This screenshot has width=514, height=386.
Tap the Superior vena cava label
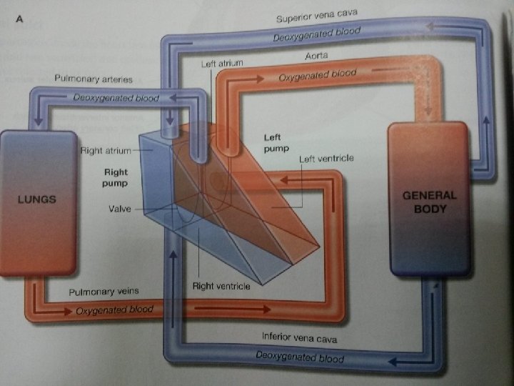tap(318, 16)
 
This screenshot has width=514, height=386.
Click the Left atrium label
tap(221, 64)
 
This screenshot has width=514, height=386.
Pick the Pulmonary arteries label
tap(93, 76)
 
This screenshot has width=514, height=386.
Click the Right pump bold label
tap(116, 177)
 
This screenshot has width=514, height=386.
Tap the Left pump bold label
tap(278, 142)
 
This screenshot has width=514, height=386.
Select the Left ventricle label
tap(326, 158)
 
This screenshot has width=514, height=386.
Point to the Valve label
tap(120, 211)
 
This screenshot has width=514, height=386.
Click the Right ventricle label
tap(221, 286)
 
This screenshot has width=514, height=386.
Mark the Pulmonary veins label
tap(104, 292)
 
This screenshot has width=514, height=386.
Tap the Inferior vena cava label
tap(299, 336)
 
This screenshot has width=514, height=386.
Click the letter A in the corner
tap(20, 20)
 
